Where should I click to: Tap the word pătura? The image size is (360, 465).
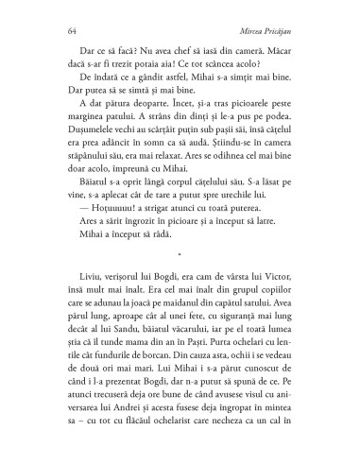pyautogui.click(x=123, y=105)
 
